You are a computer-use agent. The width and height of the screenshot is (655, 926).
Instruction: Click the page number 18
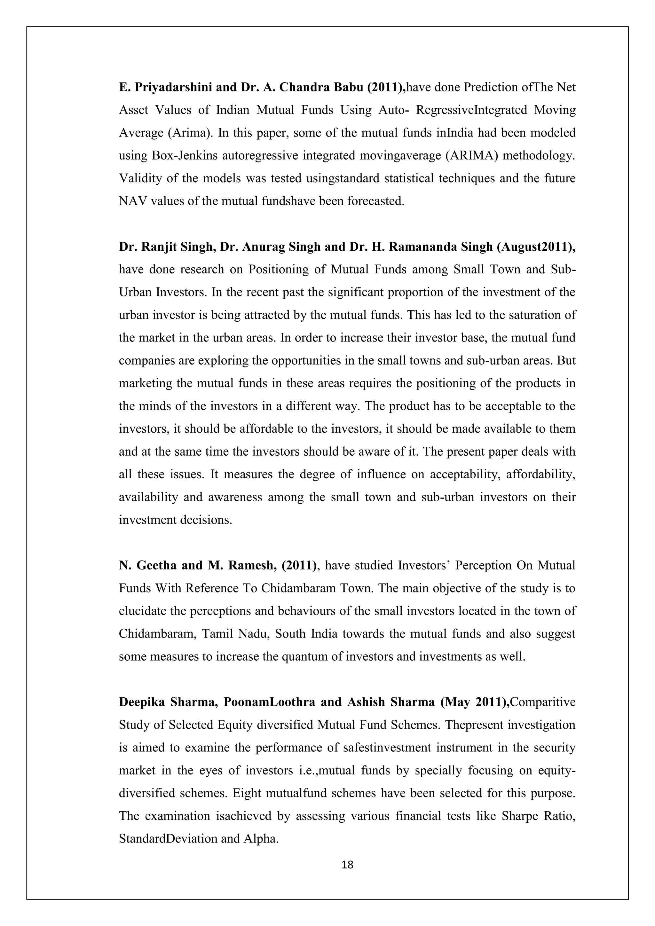[x=347, y=864]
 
